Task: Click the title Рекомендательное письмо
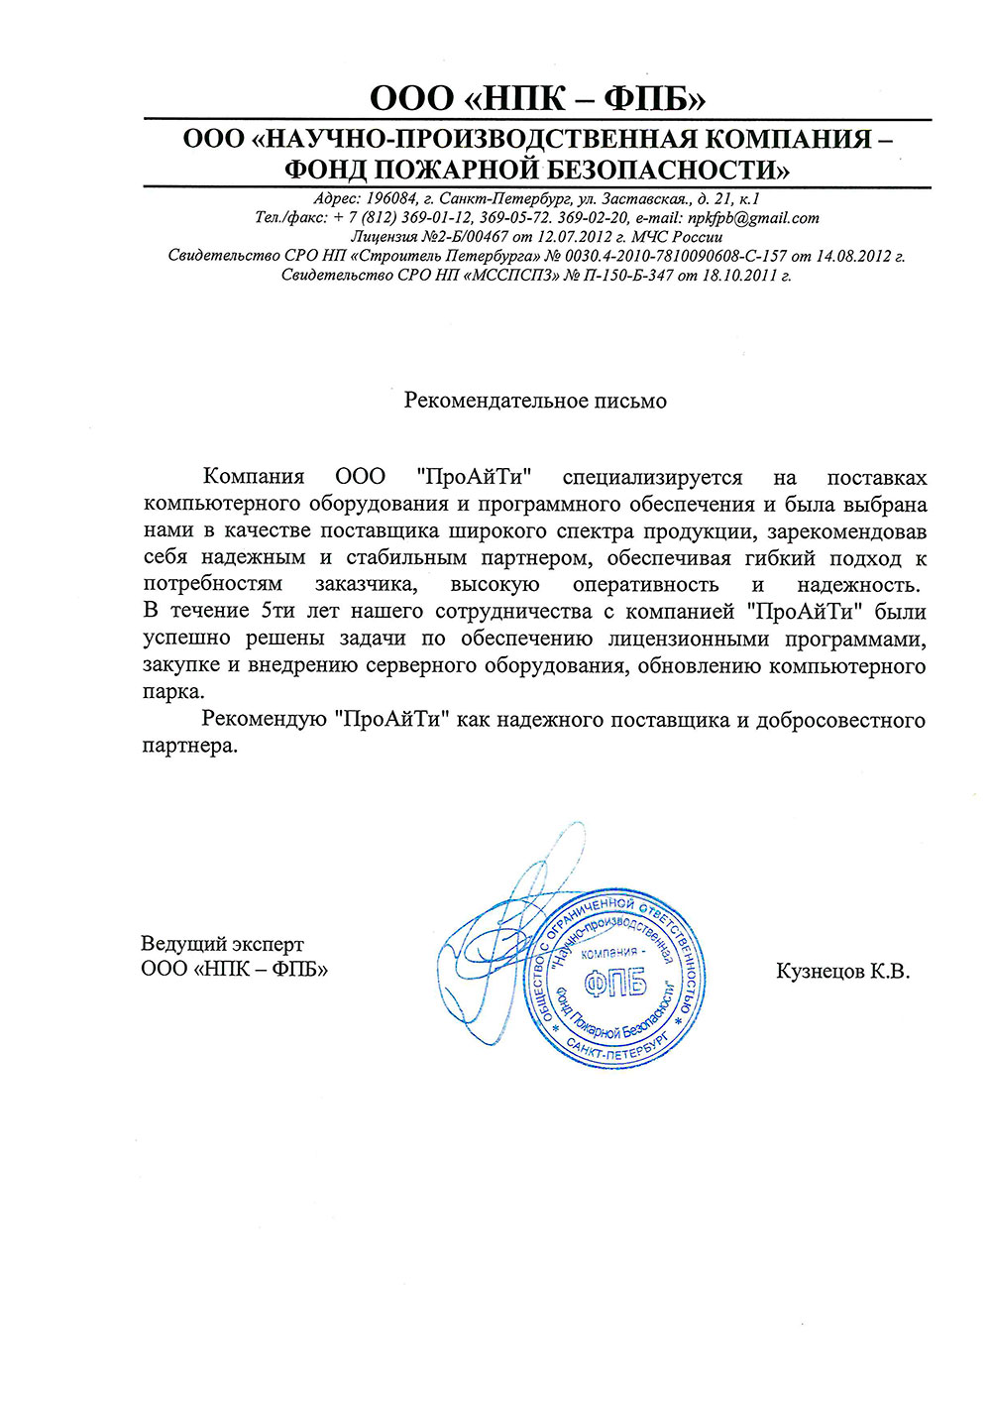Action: pyautogui.click(x=535, y=401)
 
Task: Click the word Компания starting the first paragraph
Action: pyautogui.click(x=253, y=478)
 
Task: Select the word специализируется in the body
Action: pyautogui.click(x=652, y=478)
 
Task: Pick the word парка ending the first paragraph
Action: pyautogui.click(x=172, y=691)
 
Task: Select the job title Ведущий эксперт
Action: pyautogui.click(x=222, y=943)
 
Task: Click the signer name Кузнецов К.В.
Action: pyautogui.click(x=842, y=971)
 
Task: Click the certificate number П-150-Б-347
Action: pyautogui.click(x=626, y=275)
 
